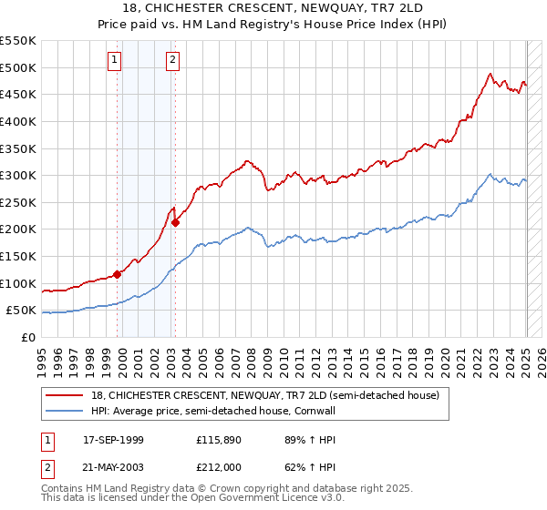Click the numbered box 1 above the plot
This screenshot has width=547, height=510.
pyautogui.click(x=115, y=61)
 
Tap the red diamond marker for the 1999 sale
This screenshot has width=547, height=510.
pyautogui.click(x=118, y=274)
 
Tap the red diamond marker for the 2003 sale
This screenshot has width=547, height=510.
pyautogui.click(x=176, y=222)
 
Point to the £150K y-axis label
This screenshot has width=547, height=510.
pyautogui.click(x=20, y=257)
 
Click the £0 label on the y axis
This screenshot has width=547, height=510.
pyautogui.click(x=27, y=337)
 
